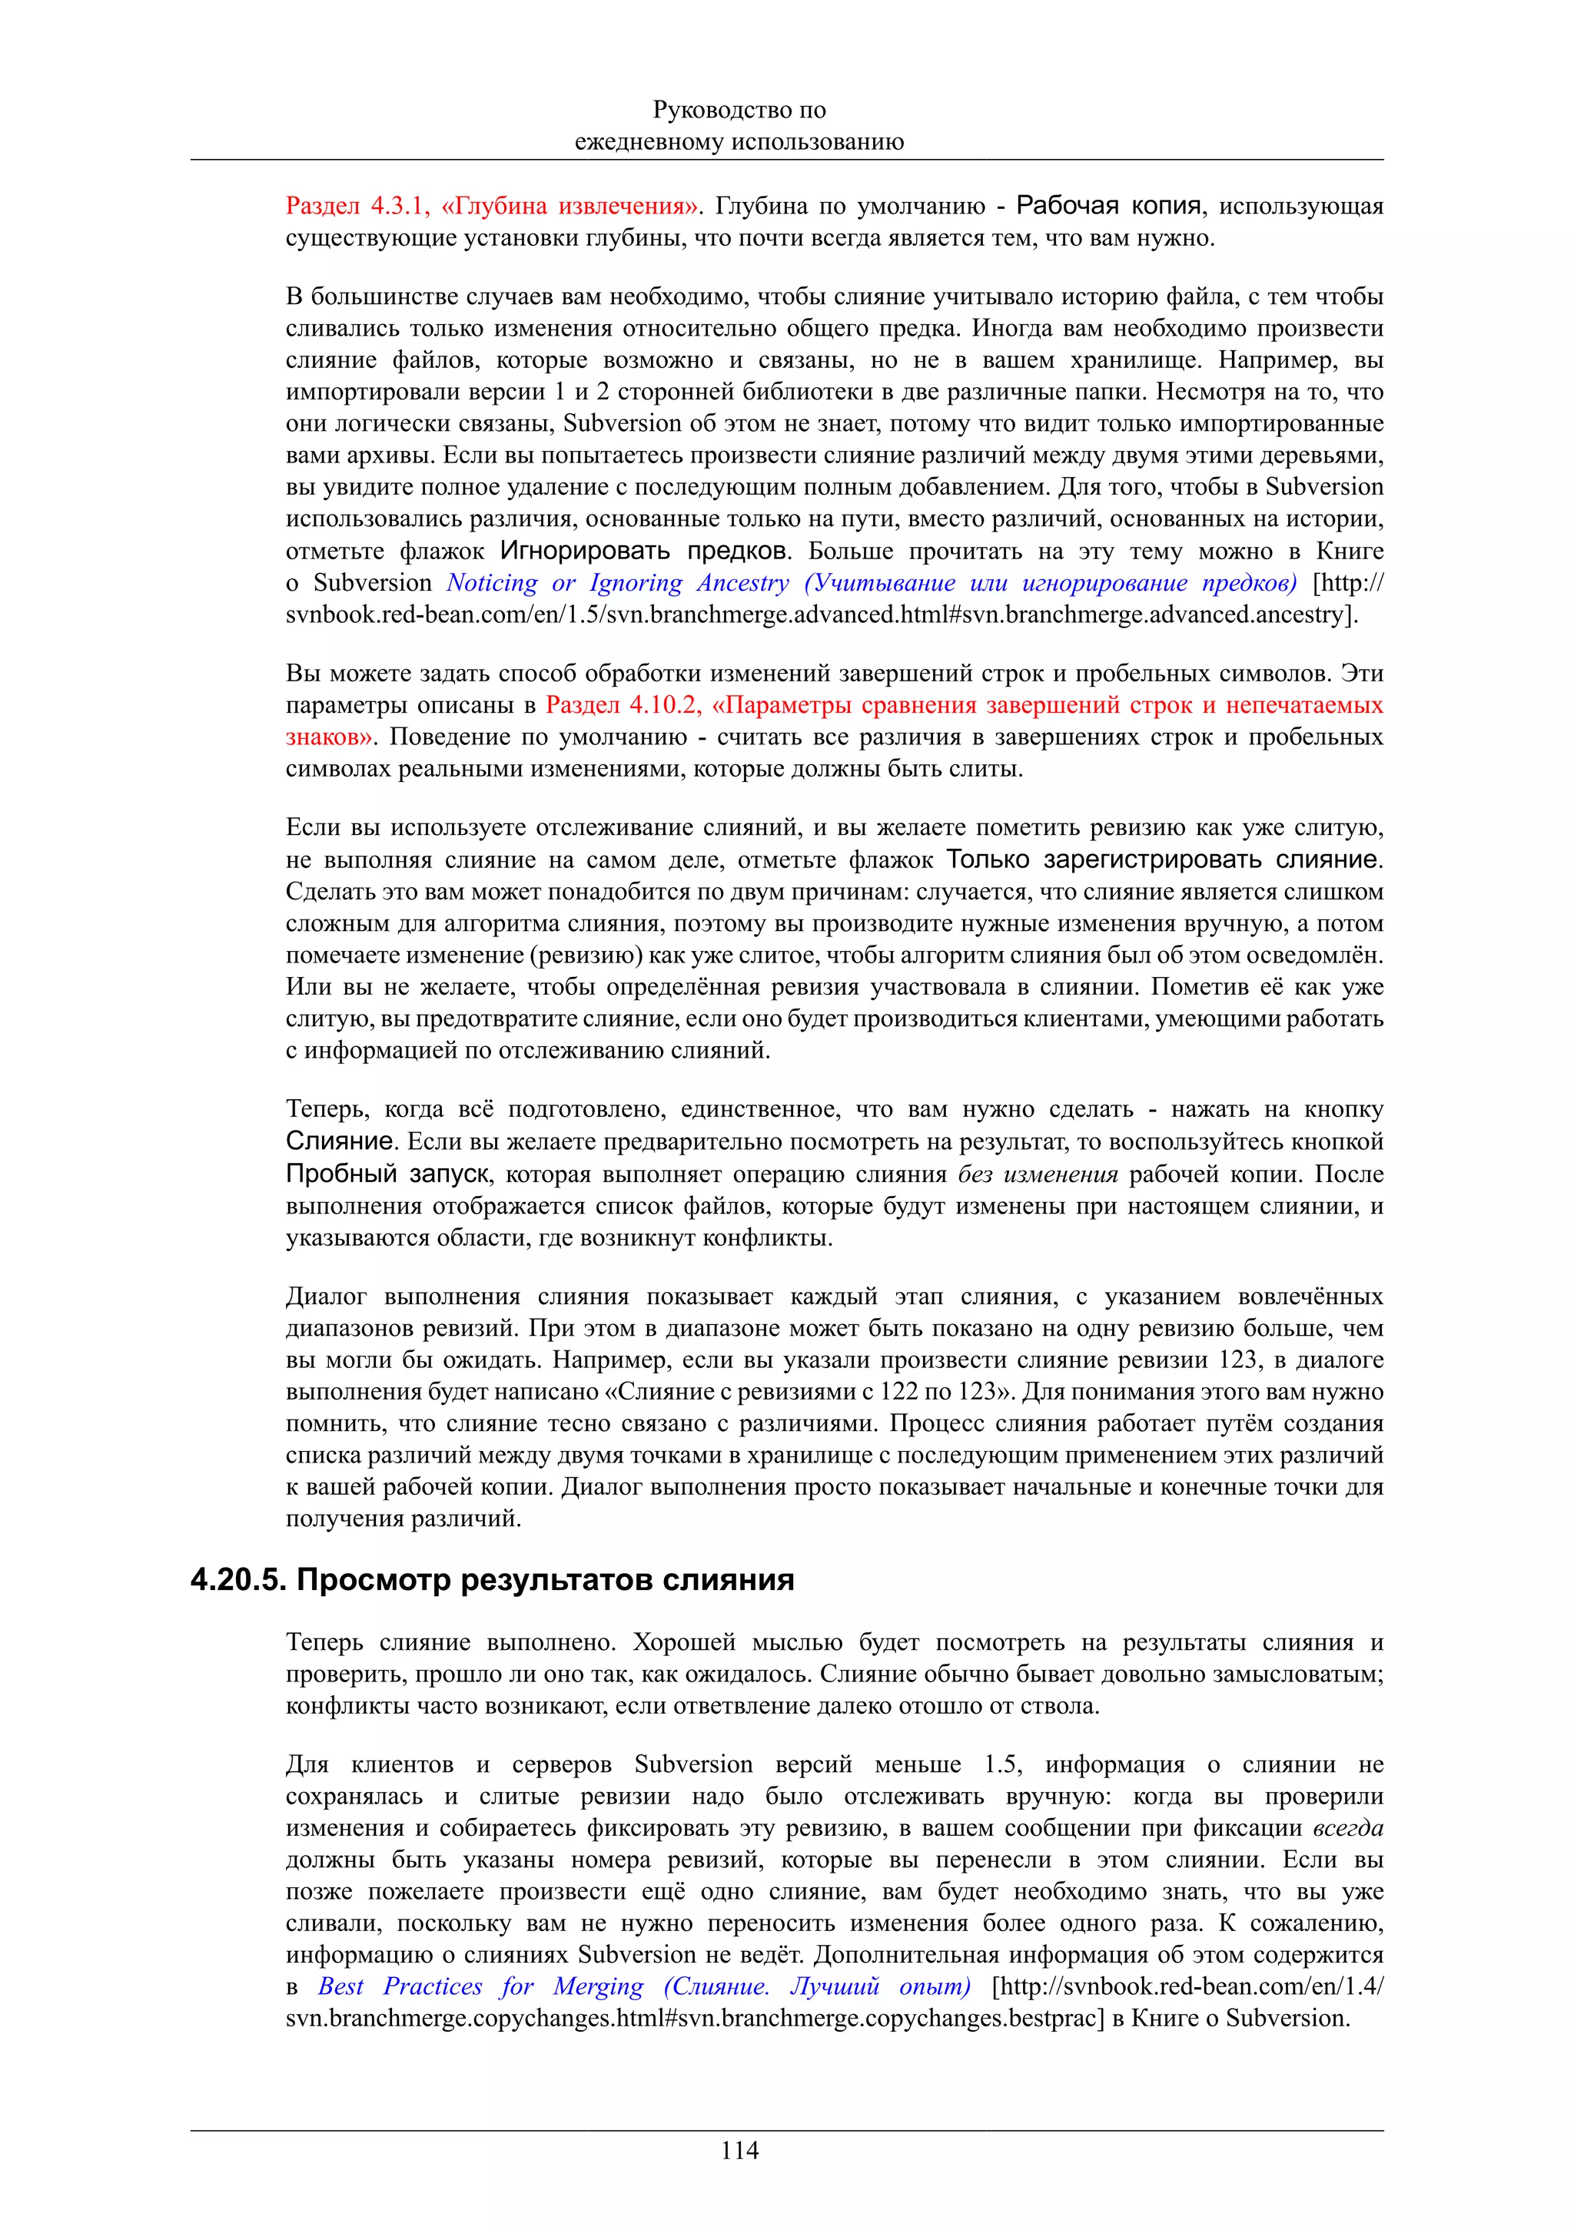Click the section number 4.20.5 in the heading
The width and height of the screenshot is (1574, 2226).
(237, 1580)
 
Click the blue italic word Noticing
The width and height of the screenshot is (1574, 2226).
(492, 583)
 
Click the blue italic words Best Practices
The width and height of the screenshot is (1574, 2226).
(400, 1986)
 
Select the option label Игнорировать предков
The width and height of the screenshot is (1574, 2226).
(643, 551)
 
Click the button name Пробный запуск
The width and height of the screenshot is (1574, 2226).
(387, 1174)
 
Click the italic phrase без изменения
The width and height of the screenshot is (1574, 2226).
(1037, 1174)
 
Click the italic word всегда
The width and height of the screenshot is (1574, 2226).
(1347, 1828)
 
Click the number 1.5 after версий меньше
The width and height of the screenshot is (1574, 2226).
(1003, 1764)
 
